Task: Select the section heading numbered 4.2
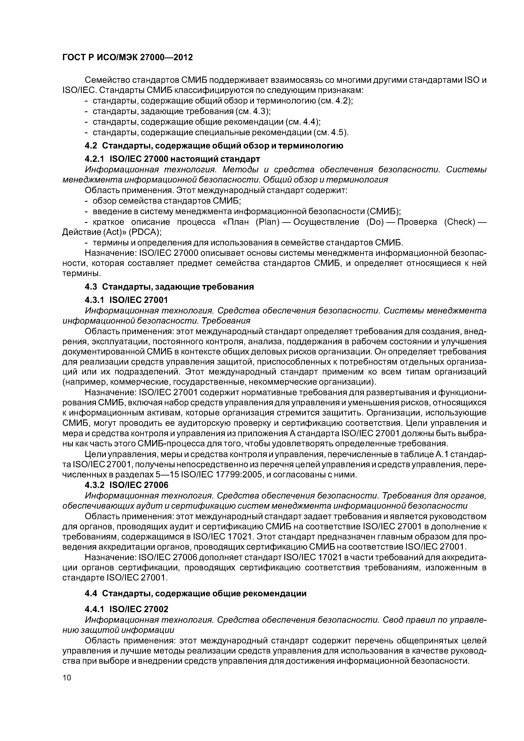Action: pyautogui.click(x=214, y=146)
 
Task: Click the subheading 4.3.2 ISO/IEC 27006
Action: pyautogui.click(x=127, y=485)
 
